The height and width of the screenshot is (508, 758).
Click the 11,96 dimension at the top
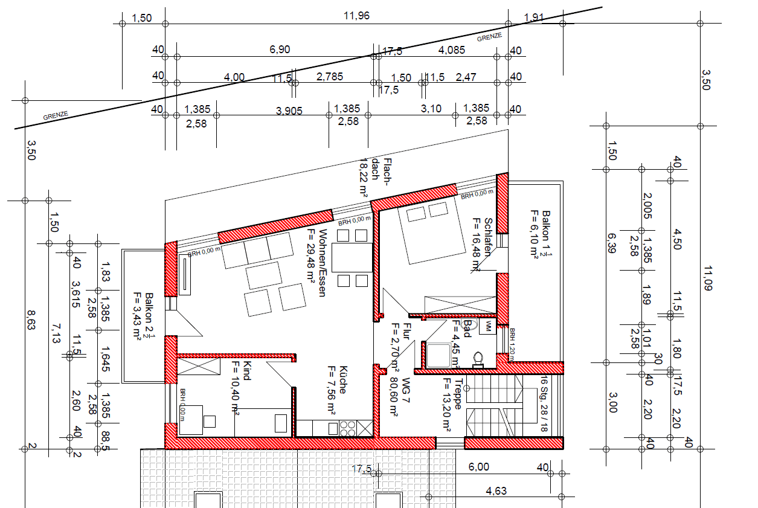click(x=356, y=16)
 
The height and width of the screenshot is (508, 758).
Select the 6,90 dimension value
click(x=280, y=50)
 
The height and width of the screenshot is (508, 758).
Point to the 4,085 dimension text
click(x=452, y=50)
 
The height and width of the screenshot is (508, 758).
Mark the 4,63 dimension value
click(x=496, y=490)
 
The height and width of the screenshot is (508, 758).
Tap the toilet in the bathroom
click(x=479, y=358)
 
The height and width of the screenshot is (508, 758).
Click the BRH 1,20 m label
click(x=511, y=344)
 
